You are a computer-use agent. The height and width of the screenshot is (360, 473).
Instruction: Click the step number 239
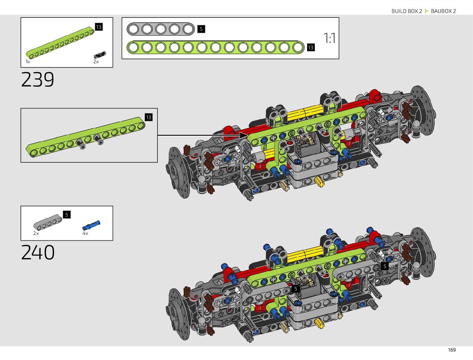[x=37, y=79]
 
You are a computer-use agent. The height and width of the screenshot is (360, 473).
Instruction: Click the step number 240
[x=38, y=252]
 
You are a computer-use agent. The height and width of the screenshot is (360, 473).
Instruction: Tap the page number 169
[x=452, y=350]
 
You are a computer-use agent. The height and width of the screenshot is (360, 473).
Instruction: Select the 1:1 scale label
[x=329, y=38]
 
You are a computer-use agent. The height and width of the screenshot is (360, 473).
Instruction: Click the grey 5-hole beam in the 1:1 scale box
[x=160, y=29]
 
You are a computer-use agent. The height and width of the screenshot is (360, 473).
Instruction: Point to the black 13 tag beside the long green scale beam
[x=310, y=47]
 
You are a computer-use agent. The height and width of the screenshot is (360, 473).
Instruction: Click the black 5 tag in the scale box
[x=201, y=29]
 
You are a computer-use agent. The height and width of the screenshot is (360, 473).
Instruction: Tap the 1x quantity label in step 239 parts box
[x=28, y=62]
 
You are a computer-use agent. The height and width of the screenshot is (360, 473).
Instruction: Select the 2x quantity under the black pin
[x=96, y=62]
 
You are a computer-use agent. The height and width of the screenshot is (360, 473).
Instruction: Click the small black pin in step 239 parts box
[x=100, y=55]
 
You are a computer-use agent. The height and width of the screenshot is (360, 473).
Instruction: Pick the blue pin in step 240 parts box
[x=91, y=225]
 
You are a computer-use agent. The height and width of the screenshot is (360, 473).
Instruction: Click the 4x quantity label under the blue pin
[x=85, y=233]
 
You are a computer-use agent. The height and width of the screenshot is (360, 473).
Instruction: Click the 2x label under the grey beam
[x=36, y=233]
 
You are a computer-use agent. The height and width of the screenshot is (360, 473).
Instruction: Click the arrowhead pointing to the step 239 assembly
[x=244, y=135]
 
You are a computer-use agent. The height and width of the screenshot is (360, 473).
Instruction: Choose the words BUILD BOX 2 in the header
[x=407, y=11]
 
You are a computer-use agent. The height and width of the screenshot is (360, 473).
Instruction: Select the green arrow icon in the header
[x=426, y=11]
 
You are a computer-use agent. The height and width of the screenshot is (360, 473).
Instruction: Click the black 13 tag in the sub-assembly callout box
[x=149, y=117]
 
